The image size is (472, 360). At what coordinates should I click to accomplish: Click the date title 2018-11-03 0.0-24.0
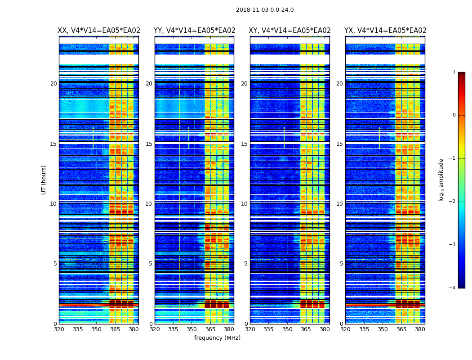[x=265, y=10]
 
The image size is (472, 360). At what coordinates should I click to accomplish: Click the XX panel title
[x=99, y=31]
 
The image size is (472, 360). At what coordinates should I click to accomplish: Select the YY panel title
[x=194, y=31]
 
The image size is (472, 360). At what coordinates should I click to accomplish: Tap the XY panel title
[x=290, y=31]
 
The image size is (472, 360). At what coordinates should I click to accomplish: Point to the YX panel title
[x=385, y=31]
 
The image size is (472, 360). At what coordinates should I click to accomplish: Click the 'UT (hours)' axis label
[x=44, y=180]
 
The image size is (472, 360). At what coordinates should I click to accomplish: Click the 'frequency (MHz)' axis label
[x=217, y=338]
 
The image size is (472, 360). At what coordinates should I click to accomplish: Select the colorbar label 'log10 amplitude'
[x=441, y=180]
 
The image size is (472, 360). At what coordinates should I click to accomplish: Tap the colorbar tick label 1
[x=454, y=72]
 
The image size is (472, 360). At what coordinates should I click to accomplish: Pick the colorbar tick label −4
[x=453, y=288]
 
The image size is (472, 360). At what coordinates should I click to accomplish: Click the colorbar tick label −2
[x=453, y=202]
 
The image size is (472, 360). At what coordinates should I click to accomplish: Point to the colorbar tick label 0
[x=454, y=115]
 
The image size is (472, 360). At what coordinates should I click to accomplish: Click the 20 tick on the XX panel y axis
[x=53, y=84]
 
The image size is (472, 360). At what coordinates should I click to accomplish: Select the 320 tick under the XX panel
[x=59, y=329]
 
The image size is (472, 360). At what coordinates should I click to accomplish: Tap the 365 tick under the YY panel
[x=210, y=329]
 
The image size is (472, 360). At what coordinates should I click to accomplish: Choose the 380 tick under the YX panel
[x=420, y=329]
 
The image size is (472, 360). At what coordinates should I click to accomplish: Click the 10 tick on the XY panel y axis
[x=244, y=204]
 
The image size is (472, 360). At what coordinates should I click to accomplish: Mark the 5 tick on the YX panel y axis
[x=341, y=264]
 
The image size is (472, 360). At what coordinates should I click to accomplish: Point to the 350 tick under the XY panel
[x=287, y=329]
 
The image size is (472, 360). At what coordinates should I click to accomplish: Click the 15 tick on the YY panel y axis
[x=149, y=144]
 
